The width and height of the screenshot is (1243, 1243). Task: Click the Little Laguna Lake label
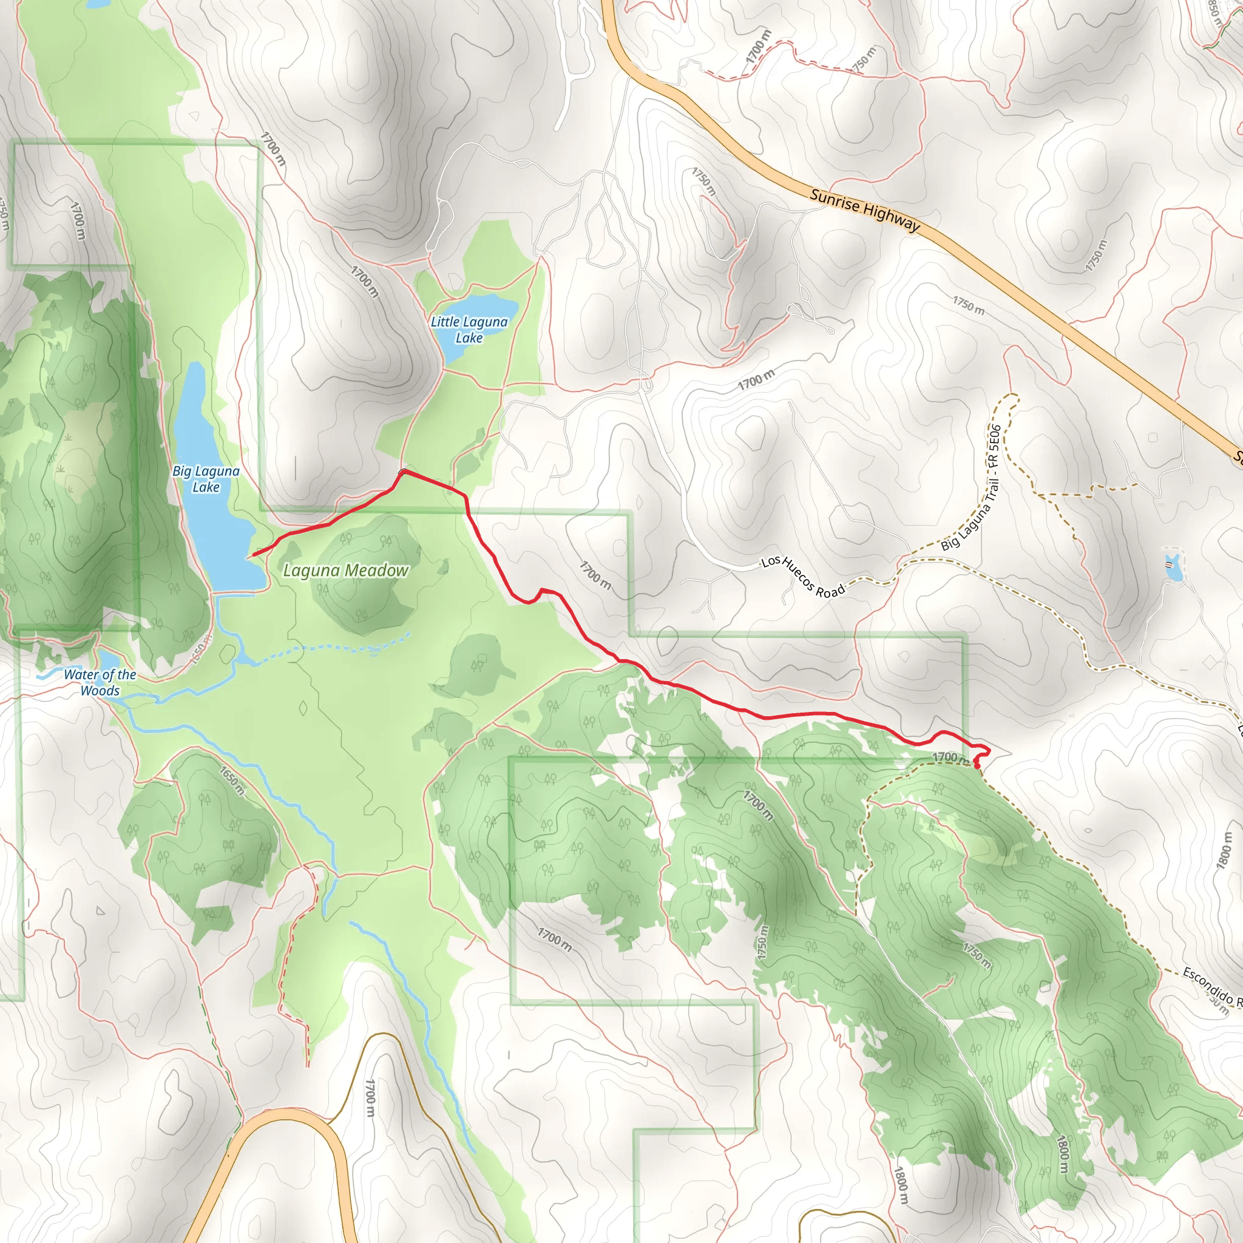tap(469, 330)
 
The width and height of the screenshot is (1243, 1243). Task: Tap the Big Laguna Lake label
tap(206, 479)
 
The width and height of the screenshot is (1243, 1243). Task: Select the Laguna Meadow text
tap(346, 570)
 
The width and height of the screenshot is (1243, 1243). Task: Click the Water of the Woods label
tap(100, 683)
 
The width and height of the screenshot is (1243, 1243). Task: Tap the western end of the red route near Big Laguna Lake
tap(254, 555)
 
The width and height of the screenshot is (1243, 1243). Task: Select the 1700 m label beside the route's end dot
tap(950, 757)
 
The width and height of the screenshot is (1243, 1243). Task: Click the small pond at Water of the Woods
tap(107, 660)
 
